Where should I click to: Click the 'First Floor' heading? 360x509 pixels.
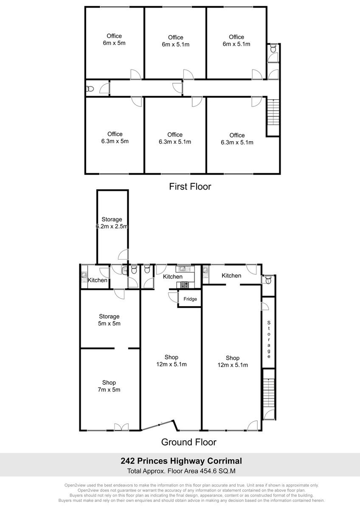(x=190, y=187)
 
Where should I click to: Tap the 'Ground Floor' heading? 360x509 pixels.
(x=189, y=442)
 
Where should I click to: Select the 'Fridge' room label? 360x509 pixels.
(x=190, y=299)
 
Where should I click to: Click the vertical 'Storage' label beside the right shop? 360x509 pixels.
(x=269, y=340)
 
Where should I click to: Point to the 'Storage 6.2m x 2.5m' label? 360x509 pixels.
(x=112, y=223)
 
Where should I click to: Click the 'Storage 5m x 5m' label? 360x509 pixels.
(x=109, y=320)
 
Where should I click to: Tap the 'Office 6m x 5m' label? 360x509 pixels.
(x=114, y=39)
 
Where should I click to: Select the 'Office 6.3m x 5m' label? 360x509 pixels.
(x=115, y=138)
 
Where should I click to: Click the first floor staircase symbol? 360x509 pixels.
(x=273, y=112)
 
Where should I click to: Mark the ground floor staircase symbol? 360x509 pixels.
(x=269, y=393)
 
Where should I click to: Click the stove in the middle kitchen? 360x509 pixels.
(x=184, y=285)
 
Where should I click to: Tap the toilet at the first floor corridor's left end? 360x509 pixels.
(x=90, y=89)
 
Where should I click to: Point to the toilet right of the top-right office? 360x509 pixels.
(x=273, y=48)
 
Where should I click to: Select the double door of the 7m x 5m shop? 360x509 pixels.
(x=121, y=427)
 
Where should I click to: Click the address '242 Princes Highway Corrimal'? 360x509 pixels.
(x=181, y=461)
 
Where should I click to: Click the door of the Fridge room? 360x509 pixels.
(x=173, y=297)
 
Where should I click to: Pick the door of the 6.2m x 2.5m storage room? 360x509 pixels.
(x=123, y=255)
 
